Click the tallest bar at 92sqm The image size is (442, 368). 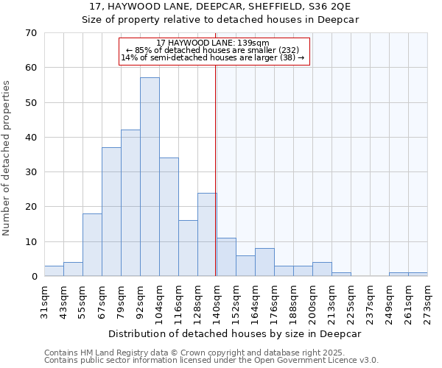[x=150, y=177]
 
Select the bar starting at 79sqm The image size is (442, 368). [x=130, y=203]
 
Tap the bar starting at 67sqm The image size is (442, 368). [x=111, y=212]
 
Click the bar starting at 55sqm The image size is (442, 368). [x=92, y=244]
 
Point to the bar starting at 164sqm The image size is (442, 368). [x=264, y=262]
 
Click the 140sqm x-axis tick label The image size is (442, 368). [x=217, y=300]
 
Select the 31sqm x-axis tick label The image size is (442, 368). [x=45, y=300]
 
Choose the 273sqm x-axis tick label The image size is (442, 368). [x=427, y=300]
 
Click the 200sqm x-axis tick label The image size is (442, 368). [x=312, y=300]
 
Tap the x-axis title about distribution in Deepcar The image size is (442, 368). [x=235, y=333]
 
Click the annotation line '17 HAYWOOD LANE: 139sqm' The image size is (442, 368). [x=213, y=43]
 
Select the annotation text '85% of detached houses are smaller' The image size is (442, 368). [x=213, y=50]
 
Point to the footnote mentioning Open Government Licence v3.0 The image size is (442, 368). [x=211, y=360]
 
